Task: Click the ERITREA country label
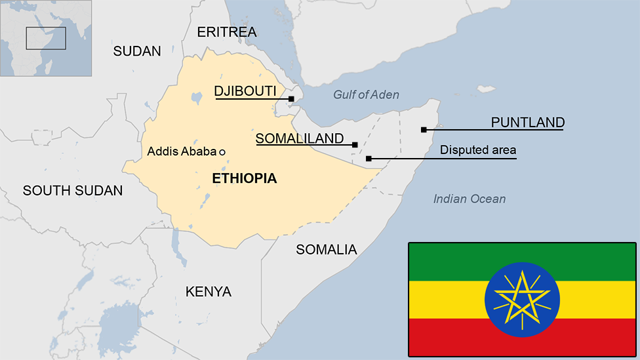click(x=227, y=31)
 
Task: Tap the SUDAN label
click(x=137, y=51)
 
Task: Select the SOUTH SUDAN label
click(x=73, y=191)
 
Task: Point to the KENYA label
click(x=209, y=292)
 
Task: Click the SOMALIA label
click(x=327, y=249)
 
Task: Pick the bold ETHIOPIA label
click(x=245, y=178)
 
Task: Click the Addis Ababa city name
click(x=182, y=151)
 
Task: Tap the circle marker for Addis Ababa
click(x=222, y=152)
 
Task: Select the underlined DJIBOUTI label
click(x=245, y=91)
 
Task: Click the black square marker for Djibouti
click(x=292, y=99)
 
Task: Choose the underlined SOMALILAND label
click(x=300, y=138)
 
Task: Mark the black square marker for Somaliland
click(x=355, y=144)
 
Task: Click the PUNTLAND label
click(x=528, y=122)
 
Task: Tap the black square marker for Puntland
click(x=424, y=130)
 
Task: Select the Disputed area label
click(x=478, y=150)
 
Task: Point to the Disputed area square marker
click(x=369, y=158)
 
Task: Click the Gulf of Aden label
click(x=366, y=94)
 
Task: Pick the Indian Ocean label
click(x=470, y=199)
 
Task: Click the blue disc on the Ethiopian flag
click(x=522, y=300)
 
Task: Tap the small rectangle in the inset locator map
click(x=46, y=38)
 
